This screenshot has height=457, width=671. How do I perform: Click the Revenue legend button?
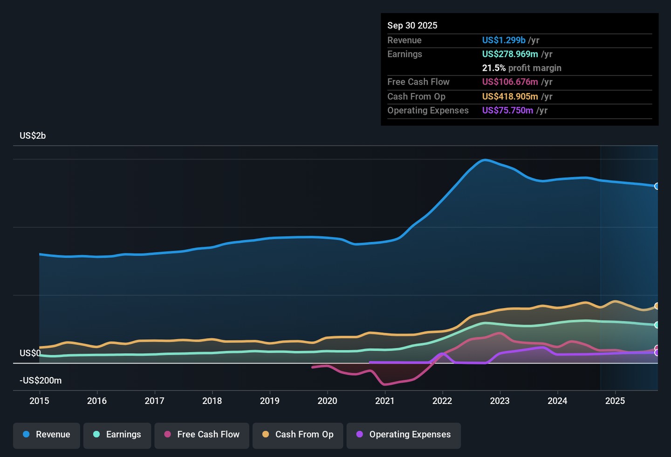47,435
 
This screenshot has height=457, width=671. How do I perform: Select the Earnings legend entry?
117,435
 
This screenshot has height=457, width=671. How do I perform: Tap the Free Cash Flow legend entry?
202,435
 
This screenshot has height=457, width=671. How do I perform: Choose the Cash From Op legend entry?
298,435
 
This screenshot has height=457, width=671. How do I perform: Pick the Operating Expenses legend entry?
404,435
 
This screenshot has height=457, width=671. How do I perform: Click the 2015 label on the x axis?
39,401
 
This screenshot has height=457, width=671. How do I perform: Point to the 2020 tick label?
327,401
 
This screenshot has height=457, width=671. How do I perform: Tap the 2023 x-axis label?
500,401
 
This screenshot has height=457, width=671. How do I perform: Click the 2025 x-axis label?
615,401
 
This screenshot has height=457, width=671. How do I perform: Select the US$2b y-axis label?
33,136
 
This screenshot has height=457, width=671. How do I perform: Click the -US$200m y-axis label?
41,381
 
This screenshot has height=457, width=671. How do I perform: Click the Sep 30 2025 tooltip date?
412,26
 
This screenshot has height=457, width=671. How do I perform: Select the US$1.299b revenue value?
504,40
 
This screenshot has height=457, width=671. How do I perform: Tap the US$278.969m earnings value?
510,54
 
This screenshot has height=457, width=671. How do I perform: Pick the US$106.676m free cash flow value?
510,82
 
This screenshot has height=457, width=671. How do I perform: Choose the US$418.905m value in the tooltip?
510,97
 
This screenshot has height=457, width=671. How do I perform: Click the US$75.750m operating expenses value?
507,111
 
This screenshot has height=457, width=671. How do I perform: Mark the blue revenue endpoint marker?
657,186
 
